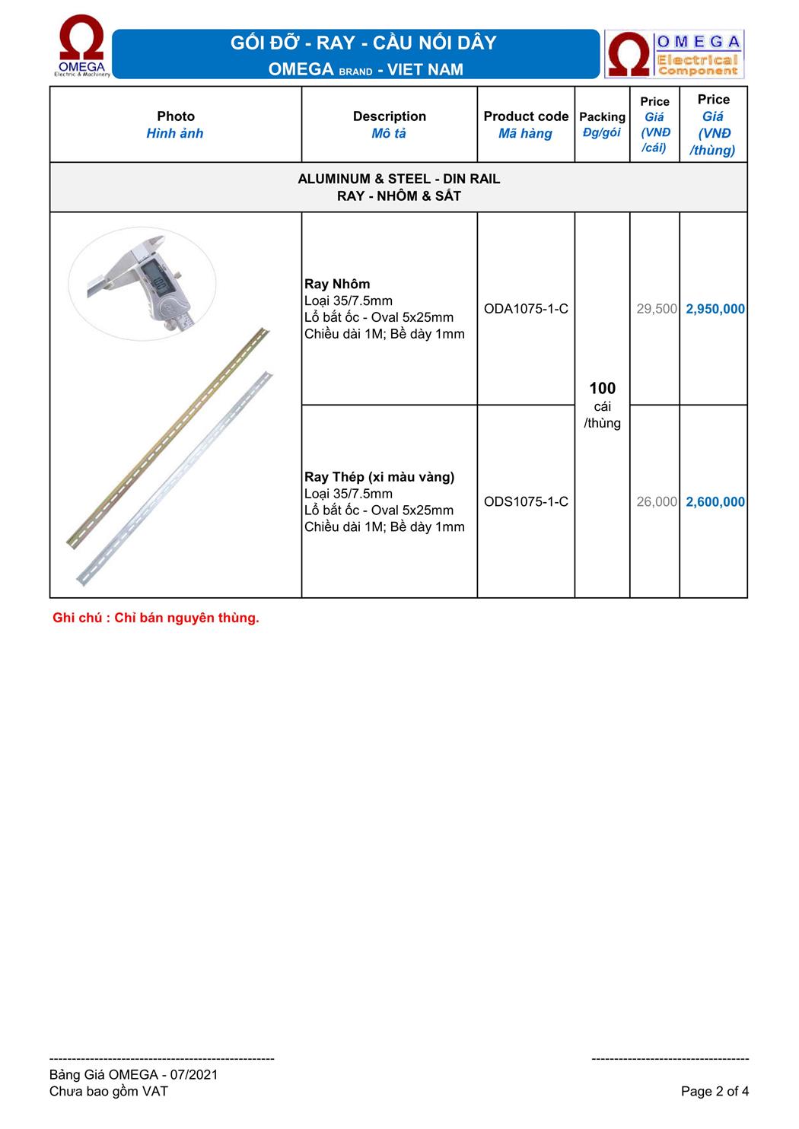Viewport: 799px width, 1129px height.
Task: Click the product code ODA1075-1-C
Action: pos(526,309)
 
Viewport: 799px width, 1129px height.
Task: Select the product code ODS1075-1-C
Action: pos(526,501)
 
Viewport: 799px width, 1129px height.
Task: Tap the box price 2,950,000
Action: pos(715,309)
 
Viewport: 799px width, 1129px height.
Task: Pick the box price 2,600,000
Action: pos(715,501)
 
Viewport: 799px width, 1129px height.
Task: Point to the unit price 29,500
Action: pos(657,309)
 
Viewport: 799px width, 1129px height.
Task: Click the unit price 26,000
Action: pos(657,501)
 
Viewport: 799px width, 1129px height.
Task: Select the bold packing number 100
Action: pos(602,389)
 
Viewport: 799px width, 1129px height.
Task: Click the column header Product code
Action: pos(526,116)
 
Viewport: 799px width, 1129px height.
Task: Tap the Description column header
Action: pos(389,116)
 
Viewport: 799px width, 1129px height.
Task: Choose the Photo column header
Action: pos(176,116)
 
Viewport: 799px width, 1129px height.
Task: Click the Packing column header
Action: pos(602,116)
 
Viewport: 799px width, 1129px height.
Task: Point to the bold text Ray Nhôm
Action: pos(337,284)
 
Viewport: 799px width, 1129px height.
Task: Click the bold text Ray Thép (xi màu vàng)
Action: pos(379,477)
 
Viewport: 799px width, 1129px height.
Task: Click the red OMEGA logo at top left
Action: pos(82,48)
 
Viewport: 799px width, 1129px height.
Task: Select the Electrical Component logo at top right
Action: pos(674,54)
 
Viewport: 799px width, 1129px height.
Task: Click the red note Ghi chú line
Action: pos(156,618)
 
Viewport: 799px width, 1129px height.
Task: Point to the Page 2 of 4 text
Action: pos(715,1091)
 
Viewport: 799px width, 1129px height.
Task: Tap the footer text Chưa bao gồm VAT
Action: pos(109,1091)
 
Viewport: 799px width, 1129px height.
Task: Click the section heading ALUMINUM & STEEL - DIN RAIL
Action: pos(399,179)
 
